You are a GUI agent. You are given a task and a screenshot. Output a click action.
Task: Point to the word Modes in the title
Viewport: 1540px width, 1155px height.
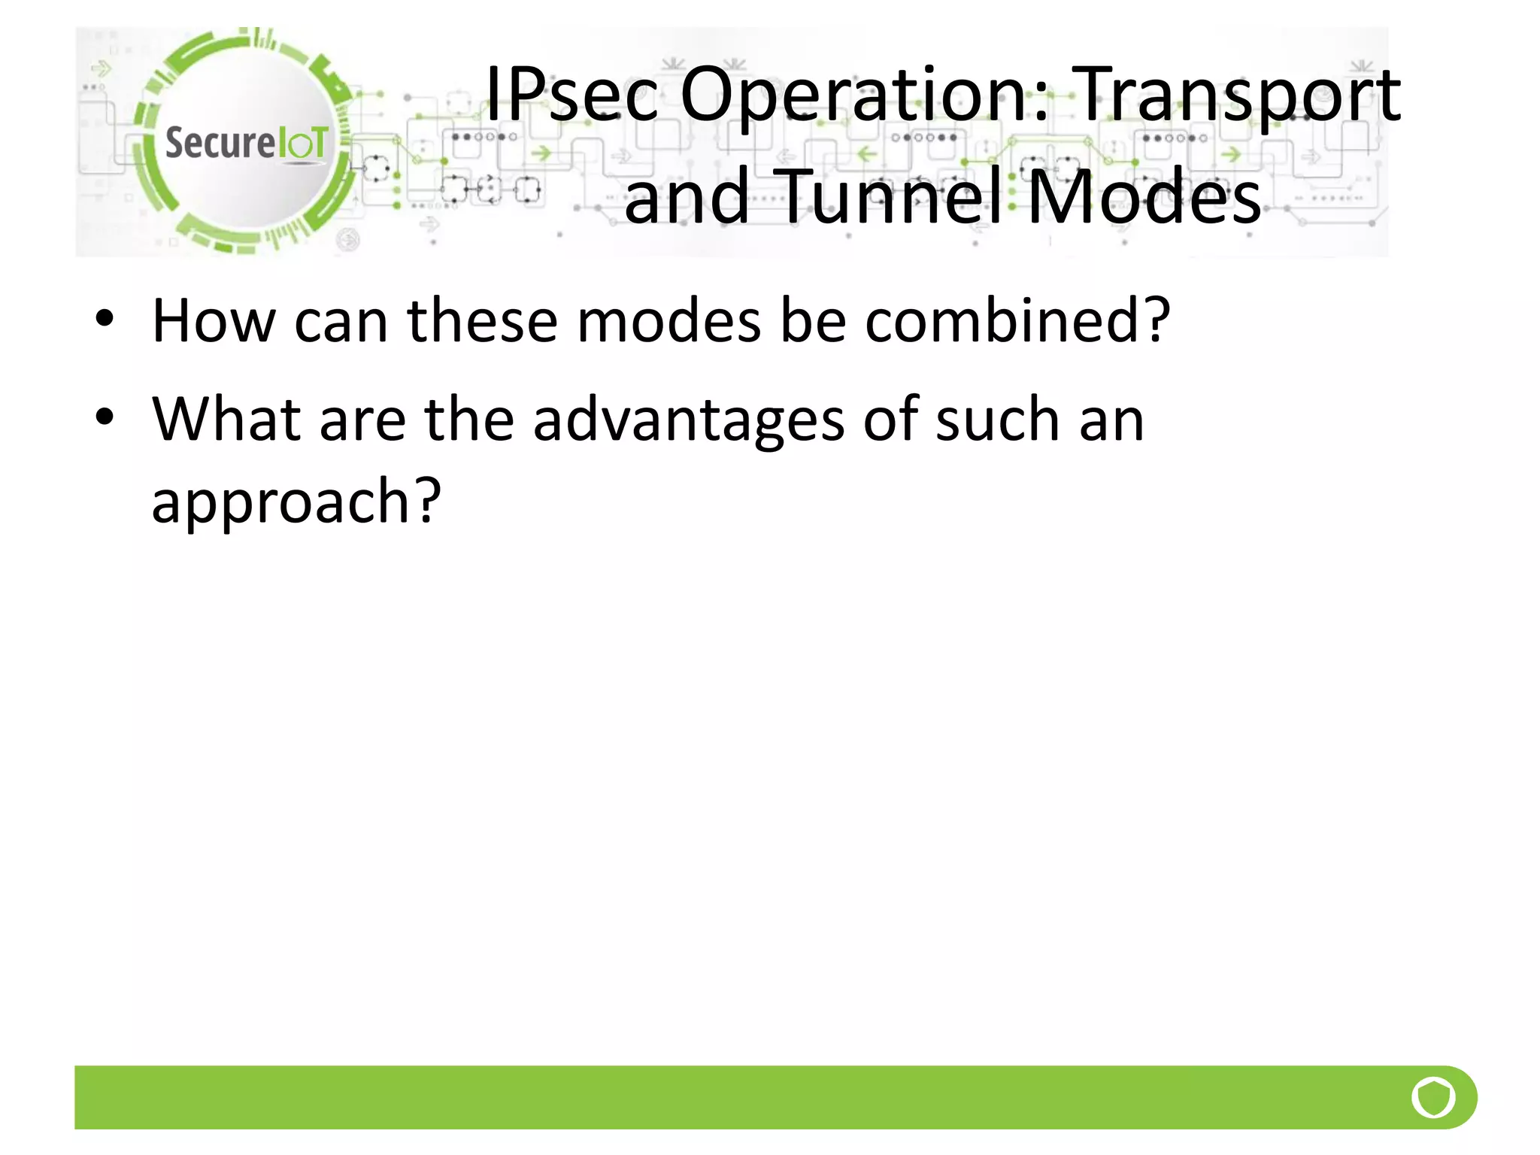click(1144, 197)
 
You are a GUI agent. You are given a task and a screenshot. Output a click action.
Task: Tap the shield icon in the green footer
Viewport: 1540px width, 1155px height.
click(1433, 1097)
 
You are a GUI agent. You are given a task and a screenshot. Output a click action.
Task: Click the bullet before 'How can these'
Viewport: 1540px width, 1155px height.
click(105, 319)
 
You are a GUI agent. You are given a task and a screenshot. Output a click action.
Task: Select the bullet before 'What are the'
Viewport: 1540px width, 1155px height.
click(105, 417)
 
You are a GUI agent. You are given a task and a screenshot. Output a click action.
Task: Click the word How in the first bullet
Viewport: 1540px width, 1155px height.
click(214, 321)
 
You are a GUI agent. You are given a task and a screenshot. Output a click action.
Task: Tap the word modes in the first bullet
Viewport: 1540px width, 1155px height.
click(669, 321)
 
